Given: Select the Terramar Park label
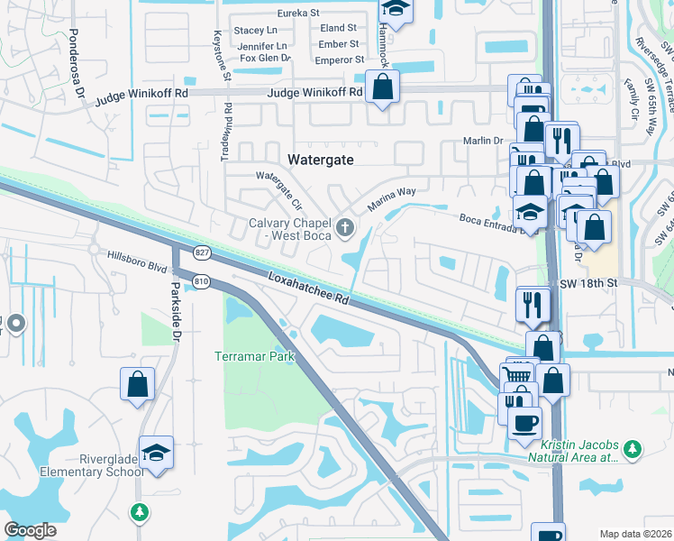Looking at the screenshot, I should tap(255, 357).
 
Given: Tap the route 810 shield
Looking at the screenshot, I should tap(201, 282).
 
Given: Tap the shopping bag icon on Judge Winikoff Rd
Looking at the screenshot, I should tap(383, 87).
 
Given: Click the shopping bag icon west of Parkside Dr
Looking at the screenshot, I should tap(137, 384).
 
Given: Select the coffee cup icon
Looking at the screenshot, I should tap(524, 422).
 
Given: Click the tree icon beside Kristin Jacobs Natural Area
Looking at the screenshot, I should tap(634, 448).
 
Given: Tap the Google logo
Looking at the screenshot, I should tap(31, 530).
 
